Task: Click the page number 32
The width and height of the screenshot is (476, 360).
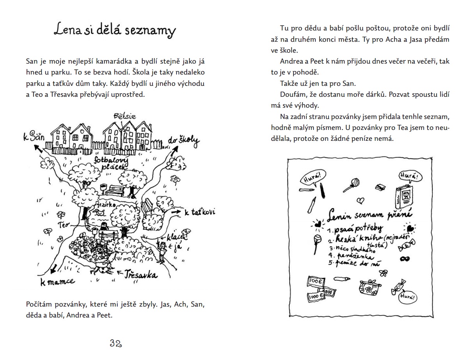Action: [116, 343]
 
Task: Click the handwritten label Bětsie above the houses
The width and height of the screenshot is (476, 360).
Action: [124, 116]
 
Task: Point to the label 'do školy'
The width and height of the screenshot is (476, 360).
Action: [184, 142]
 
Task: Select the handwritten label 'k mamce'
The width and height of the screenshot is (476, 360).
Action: [57, 282]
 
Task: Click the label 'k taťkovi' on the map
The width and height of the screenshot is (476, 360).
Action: [200, 213]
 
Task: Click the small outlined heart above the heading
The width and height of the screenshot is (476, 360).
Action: [361, 200]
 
